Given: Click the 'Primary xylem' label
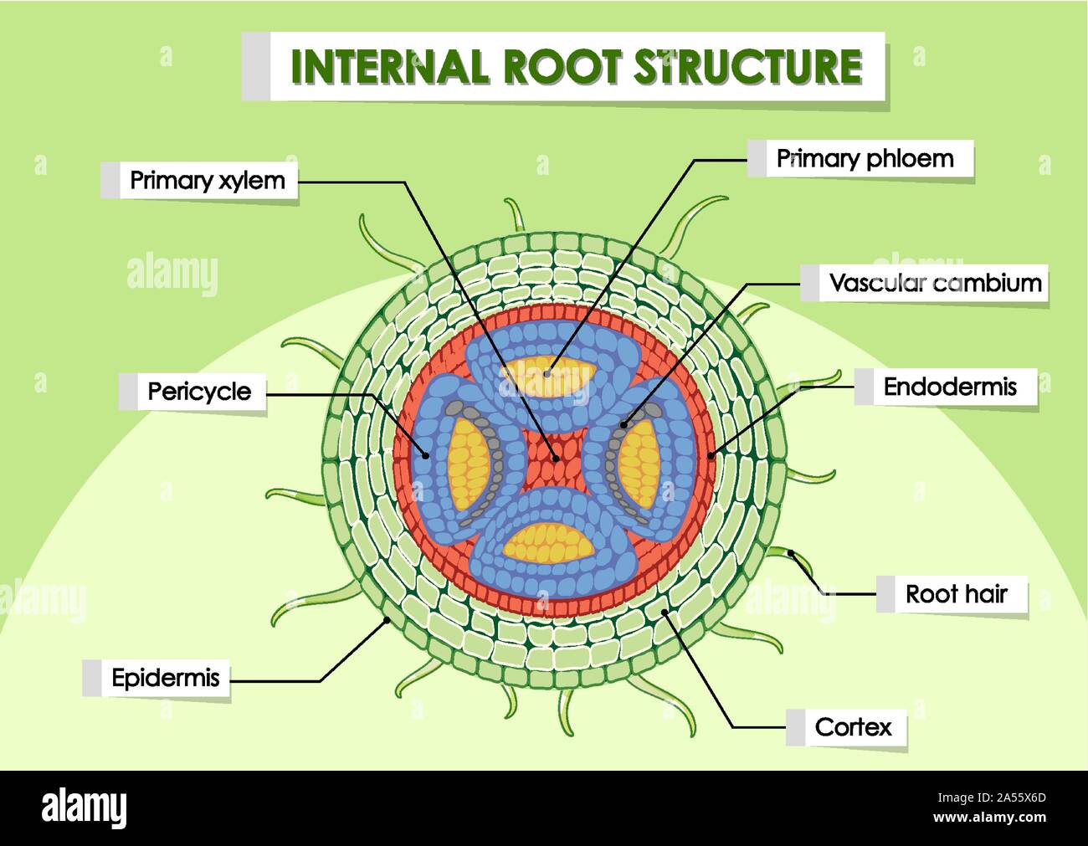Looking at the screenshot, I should point(207,181).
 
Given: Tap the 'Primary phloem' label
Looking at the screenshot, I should point(865,159).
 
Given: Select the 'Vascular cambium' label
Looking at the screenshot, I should point(935,284).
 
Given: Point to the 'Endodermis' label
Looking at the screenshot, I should point(950,387).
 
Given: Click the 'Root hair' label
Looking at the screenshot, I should point(956,595).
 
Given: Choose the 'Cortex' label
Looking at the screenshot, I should point(853,727).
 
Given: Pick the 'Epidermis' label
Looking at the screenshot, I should point(165,679).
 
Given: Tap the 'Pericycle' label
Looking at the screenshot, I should point(199,392).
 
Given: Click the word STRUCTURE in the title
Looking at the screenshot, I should point(747,67).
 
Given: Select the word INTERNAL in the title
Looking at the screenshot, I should point(388,67).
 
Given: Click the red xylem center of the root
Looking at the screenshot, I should point(553,458).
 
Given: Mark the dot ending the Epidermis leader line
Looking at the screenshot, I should point(387,620).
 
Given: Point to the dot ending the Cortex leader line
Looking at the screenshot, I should point(665,612).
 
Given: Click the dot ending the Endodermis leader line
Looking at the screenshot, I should point(711,455).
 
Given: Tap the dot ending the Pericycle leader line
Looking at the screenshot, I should point(427,457).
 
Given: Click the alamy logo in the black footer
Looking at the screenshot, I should point(85,808).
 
